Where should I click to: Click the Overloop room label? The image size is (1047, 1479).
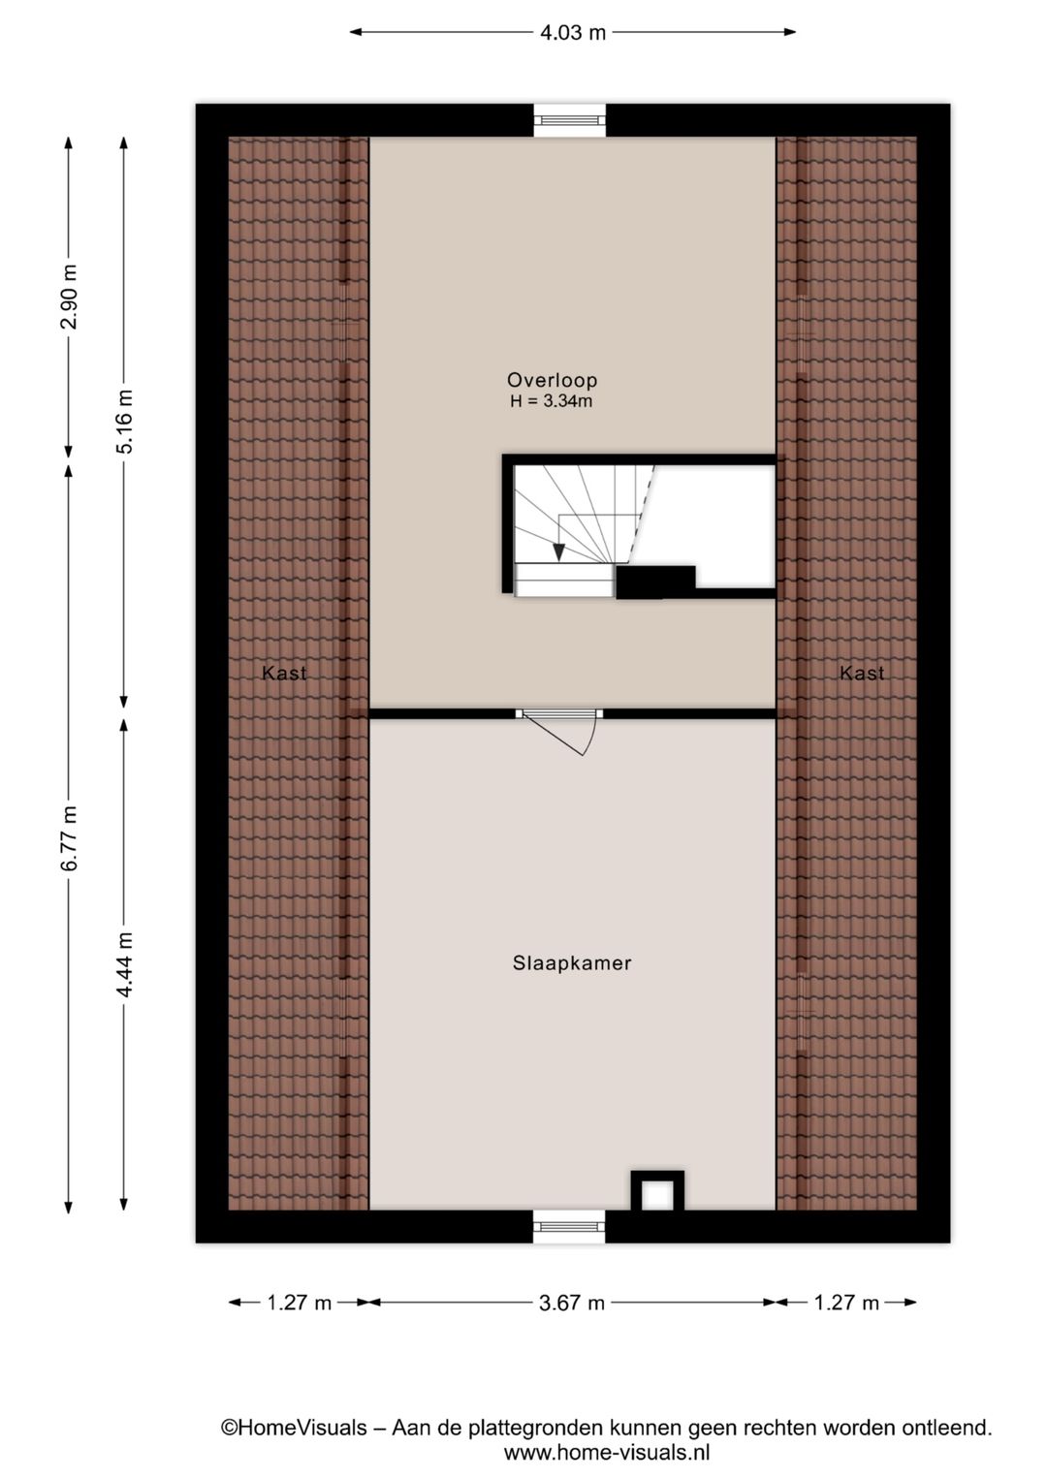[552, 381]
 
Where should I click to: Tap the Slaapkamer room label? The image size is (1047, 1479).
[572, 963]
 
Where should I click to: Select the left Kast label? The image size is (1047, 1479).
[284, 674]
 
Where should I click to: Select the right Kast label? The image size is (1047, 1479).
[862, 674]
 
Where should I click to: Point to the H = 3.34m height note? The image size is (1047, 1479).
[552, 401]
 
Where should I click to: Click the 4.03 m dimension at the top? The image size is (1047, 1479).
[573, 32]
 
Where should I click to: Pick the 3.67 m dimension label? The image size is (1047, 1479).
[572, 1304]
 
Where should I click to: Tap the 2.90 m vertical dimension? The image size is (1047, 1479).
[70, 296]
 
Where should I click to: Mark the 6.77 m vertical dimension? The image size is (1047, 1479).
[70, 837]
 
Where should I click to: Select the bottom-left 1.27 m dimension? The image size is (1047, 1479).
[300, 1304]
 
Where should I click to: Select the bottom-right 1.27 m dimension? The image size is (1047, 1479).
[846, 1304]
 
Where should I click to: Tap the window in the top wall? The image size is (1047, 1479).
[570, 119]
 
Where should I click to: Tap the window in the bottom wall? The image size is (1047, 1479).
[569, 1227]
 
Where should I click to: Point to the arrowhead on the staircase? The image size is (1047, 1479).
[558, 551]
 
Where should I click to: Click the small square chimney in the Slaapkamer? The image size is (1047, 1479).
[657, 1193]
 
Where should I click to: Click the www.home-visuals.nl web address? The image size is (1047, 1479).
[607, 1453]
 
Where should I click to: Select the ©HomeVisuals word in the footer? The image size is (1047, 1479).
[295, 1428]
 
